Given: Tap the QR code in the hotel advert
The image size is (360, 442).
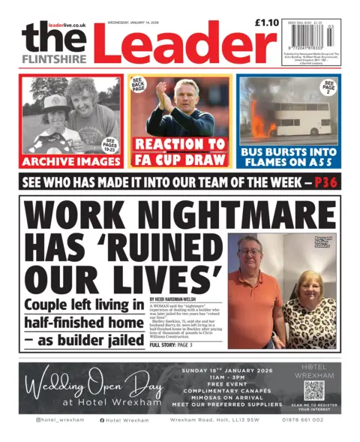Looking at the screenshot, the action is click(313, 390).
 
